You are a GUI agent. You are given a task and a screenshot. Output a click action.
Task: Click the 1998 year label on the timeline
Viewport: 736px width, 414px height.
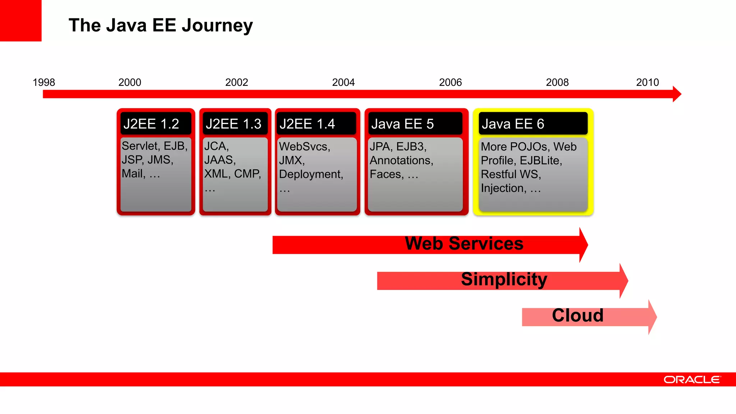click(44, 82)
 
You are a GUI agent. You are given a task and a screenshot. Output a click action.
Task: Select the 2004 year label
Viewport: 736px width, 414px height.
click(343, 82)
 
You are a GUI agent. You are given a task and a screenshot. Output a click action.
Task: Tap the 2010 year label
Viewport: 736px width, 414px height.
click(647, 82)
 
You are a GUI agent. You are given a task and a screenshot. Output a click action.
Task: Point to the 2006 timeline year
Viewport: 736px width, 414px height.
click(450, 82)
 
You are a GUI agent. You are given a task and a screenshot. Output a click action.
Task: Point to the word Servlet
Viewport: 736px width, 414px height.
click(140, 146)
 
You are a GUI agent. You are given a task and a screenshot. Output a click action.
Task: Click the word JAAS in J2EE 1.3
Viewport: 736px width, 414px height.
click(219, 160)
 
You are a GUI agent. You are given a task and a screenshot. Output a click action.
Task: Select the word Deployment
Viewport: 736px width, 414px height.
click(310, 174)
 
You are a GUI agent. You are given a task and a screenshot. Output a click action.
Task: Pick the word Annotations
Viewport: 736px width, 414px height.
click(401, 160)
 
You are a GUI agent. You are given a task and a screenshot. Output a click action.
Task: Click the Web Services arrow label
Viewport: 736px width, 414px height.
click(464, 244)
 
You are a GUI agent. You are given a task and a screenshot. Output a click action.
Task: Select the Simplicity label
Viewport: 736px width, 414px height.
click(504, 280)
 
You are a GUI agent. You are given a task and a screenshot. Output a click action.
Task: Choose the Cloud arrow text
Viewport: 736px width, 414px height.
click(578, 316)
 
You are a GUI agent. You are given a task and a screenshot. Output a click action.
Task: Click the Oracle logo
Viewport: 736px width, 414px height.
click(692, 379)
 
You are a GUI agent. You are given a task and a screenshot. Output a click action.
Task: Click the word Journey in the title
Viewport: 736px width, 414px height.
click(217, 26)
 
